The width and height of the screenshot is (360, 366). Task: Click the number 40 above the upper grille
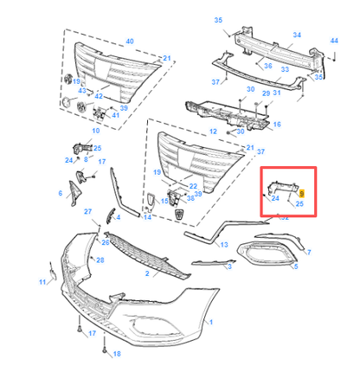tap(130, 41)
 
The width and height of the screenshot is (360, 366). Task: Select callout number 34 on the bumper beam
tap(298, 35)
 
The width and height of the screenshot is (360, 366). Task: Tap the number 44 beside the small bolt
tap(334, 41)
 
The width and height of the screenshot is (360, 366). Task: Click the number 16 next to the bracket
tap(277, 125)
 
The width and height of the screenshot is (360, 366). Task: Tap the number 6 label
tap(61, 193)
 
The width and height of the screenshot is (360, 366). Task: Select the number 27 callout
tap(87, 212)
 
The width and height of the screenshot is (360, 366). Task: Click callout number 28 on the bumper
tap(100, 260)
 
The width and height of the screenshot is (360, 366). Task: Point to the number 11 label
tap(41, 282)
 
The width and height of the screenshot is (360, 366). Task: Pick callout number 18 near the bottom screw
tap(117, 354)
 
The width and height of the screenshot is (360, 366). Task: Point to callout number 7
tap(310, 251)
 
